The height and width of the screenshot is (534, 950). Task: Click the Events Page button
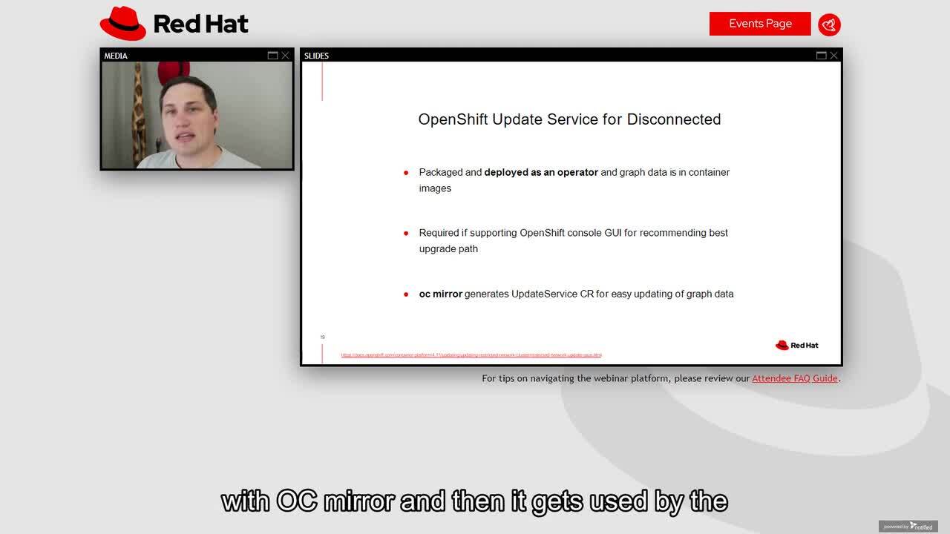pos(759,24)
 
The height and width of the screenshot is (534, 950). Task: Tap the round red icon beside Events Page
pos(829,24)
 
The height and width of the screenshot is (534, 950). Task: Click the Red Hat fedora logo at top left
pos(123,24)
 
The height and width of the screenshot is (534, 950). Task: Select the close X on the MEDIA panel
pos(285,56)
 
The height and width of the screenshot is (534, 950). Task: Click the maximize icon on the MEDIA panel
pos(272,56)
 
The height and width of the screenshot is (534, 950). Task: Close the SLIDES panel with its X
pos(833,56)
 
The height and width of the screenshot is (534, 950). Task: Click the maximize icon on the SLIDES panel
pos(821,56)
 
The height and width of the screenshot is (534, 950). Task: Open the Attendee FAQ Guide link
pos(794,378)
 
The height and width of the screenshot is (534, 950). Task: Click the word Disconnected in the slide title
pos(673,119)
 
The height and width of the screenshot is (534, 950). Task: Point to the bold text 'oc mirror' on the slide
pos(440,294)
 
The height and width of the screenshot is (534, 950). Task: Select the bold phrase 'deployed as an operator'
pos(540,172)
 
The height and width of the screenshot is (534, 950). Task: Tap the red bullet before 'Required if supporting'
pos(406,233)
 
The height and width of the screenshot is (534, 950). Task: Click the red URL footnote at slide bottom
pos(471,355)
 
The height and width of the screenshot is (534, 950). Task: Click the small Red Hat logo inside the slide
pos(796,345)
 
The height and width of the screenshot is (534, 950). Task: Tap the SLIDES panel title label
pos(316,56)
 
